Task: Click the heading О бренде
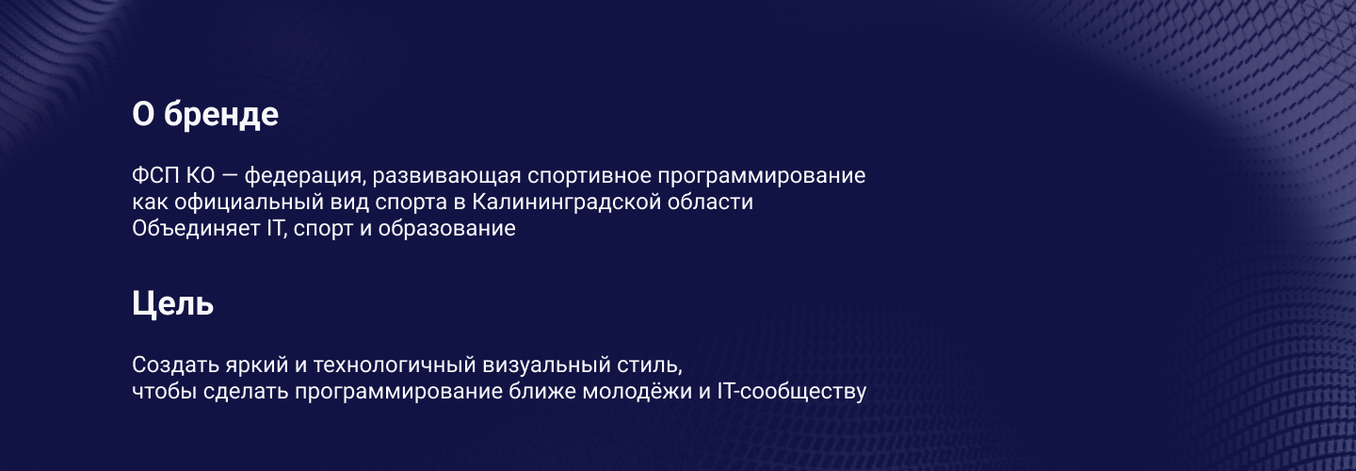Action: (x=205, y=115)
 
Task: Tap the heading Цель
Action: (x=173, y=303)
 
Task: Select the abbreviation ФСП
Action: (x=153, y=176)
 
